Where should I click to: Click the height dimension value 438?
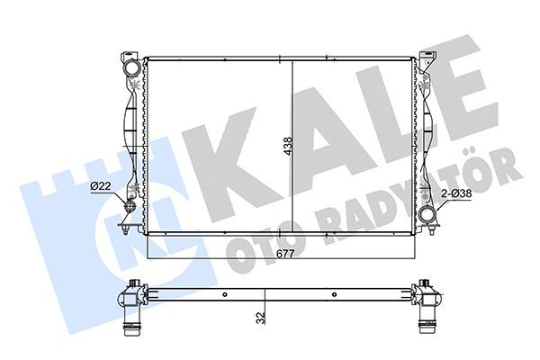click(x=287, y=148)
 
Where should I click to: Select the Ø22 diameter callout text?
click(x=100, y=186)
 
